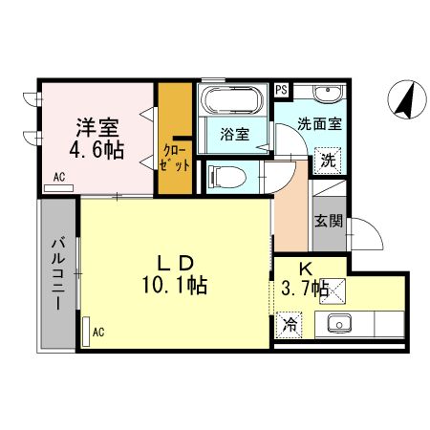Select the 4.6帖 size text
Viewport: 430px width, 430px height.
[97, 150]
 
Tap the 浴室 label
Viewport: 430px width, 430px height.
[234, 135]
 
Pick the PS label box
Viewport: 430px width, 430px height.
[281, 90]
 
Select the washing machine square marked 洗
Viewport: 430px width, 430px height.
[327, 160]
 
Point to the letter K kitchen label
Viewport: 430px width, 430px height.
[308, 268]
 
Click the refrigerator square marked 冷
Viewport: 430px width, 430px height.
[288, 324]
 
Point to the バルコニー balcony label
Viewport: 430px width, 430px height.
[56, 272]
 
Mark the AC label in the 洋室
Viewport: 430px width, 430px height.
[58, 176]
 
